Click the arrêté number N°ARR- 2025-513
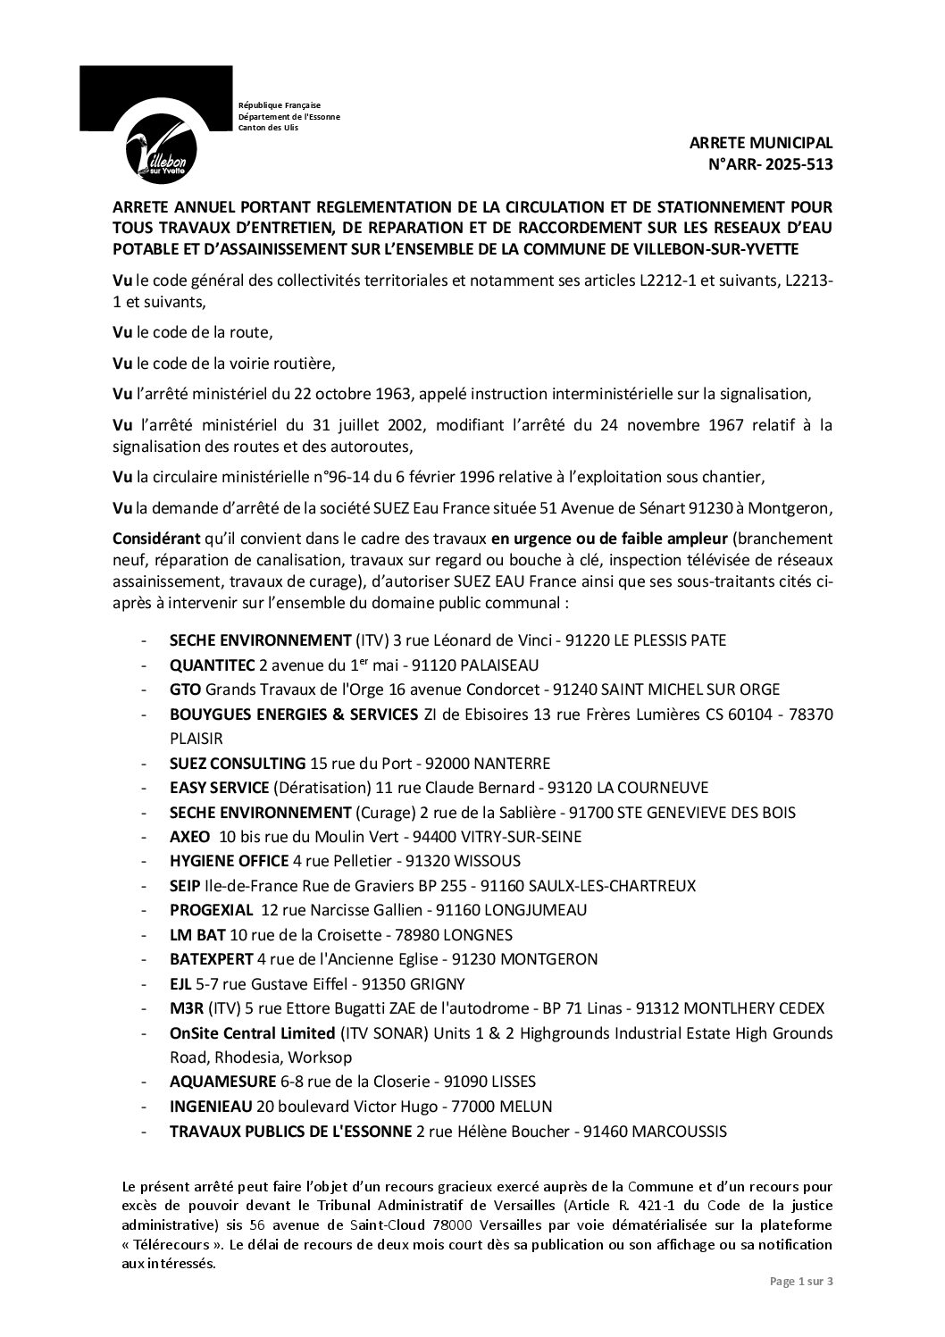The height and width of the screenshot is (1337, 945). pos(769,163)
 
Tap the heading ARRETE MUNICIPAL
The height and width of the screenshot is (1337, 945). pos(761,143)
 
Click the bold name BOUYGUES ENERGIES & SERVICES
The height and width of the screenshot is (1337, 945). pos(294,714)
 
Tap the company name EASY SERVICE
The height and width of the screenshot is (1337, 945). pos(219,788)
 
